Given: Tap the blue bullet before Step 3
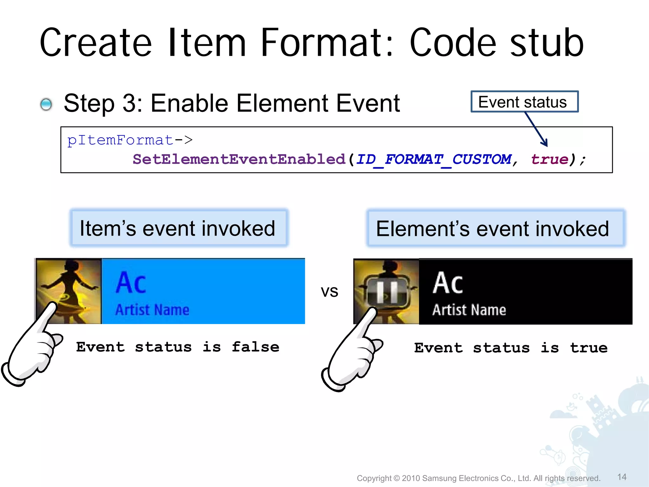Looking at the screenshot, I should coord(46,104).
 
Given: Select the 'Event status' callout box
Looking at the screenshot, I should coord(524,102).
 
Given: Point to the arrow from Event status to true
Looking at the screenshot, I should coord(536,129).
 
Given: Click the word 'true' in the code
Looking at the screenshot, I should coord(550,159).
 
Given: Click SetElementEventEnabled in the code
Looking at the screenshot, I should coord(239,159).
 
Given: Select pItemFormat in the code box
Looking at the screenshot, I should coord(120,140).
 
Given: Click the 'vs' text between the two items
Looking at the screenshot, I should coord(330,291).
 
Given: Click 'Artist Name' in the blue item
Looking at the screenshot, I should coord(152,310).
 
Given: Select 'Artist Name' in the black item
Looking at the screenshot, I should coord(469,310).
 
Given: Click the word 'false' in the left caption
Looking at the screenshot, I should coord(255,347).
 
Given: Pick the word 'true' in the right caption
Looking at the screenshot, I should coord(589,348).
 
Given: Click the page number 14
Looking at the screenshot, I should coord(622,477).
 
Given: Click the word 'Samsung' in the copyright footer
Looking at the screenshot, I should coord(439,478).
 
